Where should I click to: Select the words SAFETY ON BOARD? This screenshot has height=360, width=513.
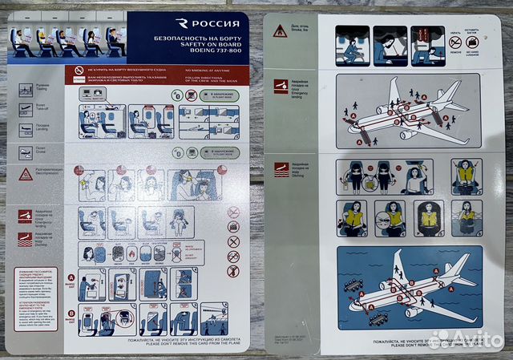tap(202, 47)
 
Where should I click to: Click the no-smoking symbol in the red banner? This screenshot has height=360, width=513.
tap(79, 71)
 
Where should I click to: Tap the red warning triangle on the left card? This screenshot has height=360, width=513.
tap(26, 174)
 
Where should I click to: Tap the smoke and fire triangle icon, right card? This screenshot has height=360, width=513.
tap(280, 31)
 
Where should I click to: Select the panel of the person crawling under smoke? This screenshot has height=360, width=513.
tap(350, 45)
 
